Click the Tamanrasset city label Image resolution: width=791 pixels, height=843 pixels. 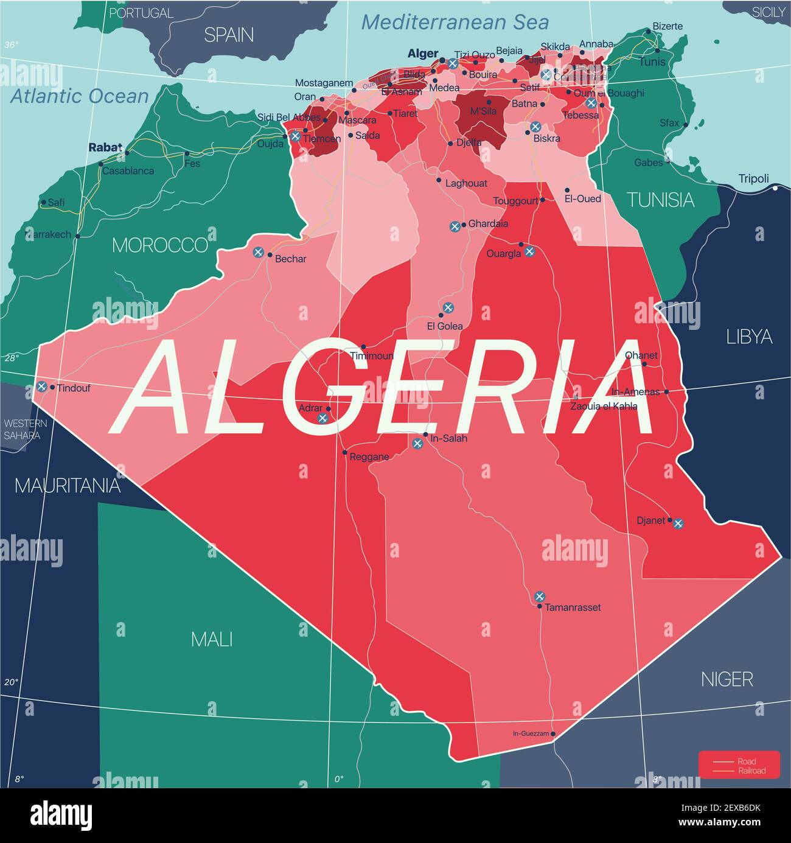[573, 607]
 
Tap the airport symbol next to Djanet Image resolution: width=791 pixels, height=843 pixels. [678, 523]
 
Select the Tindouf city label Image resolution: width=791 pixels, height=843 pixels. [73, 388]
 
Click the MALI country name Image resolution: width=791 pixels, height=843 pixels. [212, 639]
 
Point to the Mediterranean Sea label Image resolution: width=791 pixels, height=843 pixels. [455, 23]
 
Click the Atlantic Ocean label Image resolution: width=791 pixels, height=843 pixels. [80, 96]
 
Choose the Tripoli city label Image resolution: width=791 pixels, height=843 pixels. [753, 179]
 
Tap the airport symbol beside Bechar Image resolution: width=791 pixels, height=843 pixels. [258, 251]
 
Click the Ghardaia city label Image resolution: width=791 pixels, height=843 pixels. [488, 224]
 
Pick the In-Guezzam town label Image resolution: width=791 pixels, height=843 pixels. [531, 734]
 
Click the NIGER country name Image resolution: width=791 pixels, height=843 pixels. [727, 679]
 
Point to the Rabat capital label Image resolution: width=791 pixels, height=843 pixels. [105, 147]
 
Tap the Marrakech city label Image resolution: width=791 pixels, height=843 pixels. [48, 234]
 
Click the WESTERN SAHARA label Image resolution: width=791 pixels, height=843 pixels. [22, 430]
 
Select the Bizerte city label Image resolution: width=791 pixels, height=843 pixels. [667, 27]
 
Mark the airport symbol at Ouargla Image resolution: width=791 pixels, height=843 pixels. [529, 251]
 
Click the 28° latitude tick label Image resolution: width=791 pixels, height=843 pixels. [12, 358]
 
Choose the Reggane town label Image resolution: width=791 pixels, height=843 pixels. [369, 456]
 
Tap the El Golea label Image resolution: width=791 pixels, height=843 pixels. [445, 326]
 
